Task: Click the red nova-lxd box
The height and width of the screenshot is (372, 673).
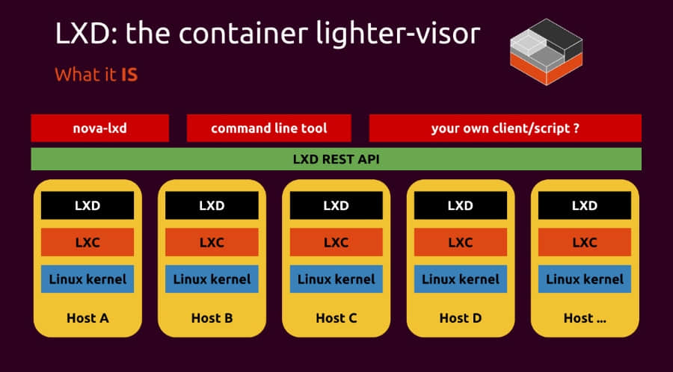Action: point(99,128)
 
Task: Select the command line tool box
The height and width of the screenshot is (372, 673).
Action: point(268,128)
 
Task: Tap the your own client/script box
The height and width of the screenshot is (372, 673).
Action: point(505,128)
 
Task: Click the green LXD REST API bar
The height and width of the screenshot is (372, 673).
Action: point(336,159)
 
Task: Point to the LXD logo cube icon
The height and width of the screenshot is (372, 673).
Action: point(545,46)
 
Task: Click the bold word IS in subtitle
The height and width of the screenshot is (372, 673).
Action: point(129,75)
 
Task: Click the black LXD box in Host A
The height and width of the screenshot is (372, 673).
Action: point(87,205)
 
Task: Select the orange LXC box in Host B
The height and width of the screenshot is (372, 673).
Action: point(212,243)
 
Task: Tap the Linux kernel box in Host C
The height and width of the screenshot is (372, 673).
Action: point(336,279)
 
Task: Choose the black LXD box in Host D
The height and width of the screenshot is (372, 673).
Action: point(460,205)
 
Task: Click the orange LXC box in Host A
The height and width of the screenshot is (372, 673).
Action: point(87,243)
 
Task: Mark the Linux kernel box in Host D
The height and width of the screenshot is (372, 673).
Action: point(460,279)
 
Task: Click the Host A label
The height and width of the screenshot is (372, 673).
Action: point(87,317)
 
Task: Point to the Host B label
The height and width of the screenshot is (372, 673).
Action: point(212,317)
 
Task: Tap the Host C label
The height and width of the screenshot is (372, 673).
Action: point(336,317)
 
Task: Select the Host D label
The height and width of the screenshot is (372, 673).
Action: point(460,317)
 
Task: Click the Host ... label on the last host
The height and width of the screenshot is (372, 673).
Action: point(584,317)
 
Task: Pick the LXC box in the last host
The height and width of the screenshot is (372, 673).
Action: point(584,243)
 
